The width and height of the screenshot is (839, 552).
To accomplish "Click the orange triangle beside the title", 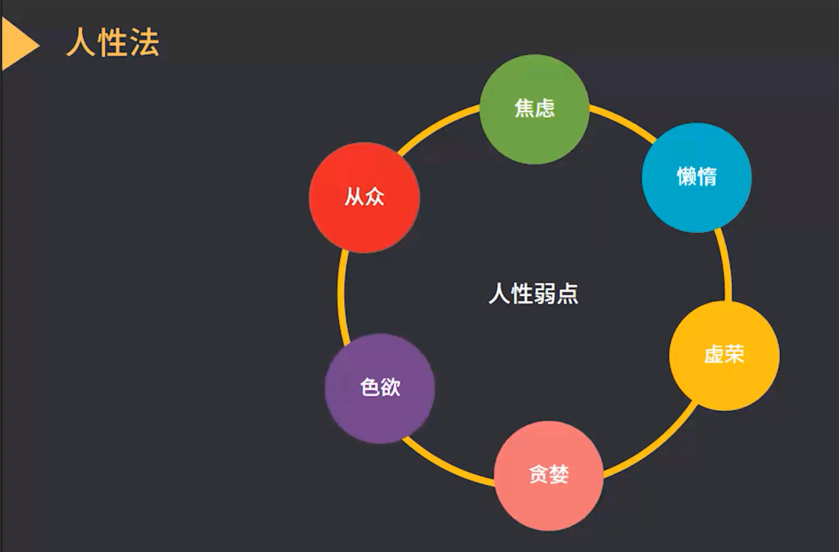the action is point(17,44).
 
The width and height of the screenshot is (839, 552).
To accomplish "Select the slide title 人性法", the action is point(113,43).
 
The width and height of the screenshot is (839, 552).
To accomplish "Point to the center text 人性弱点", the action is point(533,294).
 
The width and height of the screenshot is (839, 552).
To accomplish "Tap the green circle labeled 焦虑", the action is point(534,109).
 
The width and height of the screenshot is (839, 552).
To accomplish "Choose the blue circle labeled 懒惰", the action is point(696,177).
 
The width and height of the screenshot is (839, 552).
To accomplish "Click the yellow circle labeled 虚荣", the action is point(724,356).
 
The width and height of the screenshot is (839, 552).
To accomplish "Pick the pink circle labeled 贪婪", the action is point(549,475).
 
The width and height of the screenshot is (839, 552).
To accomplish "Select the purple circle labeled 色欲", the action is point(379,388).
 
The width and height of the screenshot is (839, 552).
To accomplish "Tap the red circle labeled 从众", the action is point(364,197).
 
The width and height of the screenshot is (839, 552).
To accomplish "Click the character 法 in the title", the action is point(145,43).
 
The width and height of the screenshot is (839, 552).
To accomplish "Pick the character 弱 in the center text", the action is point(545,294).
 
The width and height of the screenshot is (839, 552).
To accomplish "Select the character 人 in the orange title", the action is point(81,43).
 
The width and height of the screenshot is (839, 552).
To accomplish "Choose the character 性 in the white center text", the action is point(522,294).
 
